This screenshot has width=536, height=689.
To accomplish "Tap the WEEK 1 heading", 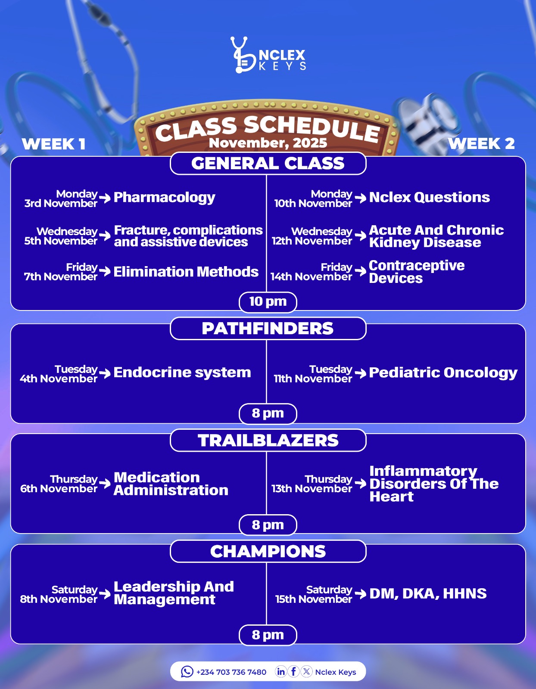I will coord(53,144).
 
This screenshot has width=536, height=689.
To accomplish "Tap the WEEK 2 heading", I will coord(481,143).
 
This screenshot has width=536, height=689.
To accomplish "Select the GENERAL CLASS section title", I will coord(268,163).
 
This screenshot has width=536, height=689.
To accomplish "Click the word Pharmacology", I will coord(164,197).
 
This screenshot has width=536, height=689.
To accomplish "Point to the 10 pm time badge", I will coord(268,301).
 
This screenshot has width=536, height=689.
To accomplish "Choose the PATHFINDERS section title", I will coord(268,329).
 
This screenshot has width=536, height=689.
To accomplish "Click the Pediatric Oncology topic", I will coord(443,372).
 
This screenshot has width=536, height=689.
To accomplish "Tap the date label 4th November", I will coord(59,379).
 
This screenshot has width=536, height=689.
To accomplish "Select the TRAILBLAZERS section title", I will coord(268,441).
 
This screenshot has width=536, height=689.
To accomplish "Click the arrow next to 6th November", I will coord(105,483).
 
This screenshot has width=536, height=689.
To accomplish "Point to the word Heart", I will coord(391,497).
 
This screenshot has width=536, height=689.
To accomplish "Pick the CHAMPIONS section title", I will coord(268,551).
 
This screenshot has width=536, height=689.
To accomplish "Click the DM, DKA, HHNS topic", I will coord(428,593).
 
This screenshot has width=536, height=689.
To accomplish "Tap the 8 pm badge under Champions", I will coord(268,635).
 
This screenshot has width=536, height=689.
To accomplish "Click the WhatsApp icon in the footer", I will coord(187,671).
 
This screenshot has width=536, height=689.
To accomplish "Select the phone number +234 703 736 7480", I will coord(231,672).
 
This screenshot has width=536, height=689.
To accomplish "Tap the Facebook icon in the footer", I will coord(293,671).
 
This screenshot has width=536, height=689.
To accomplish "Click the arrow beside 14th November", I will coord(360,271).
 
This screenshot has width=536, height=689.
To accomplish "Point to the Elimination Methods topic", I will coord(186,272).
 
